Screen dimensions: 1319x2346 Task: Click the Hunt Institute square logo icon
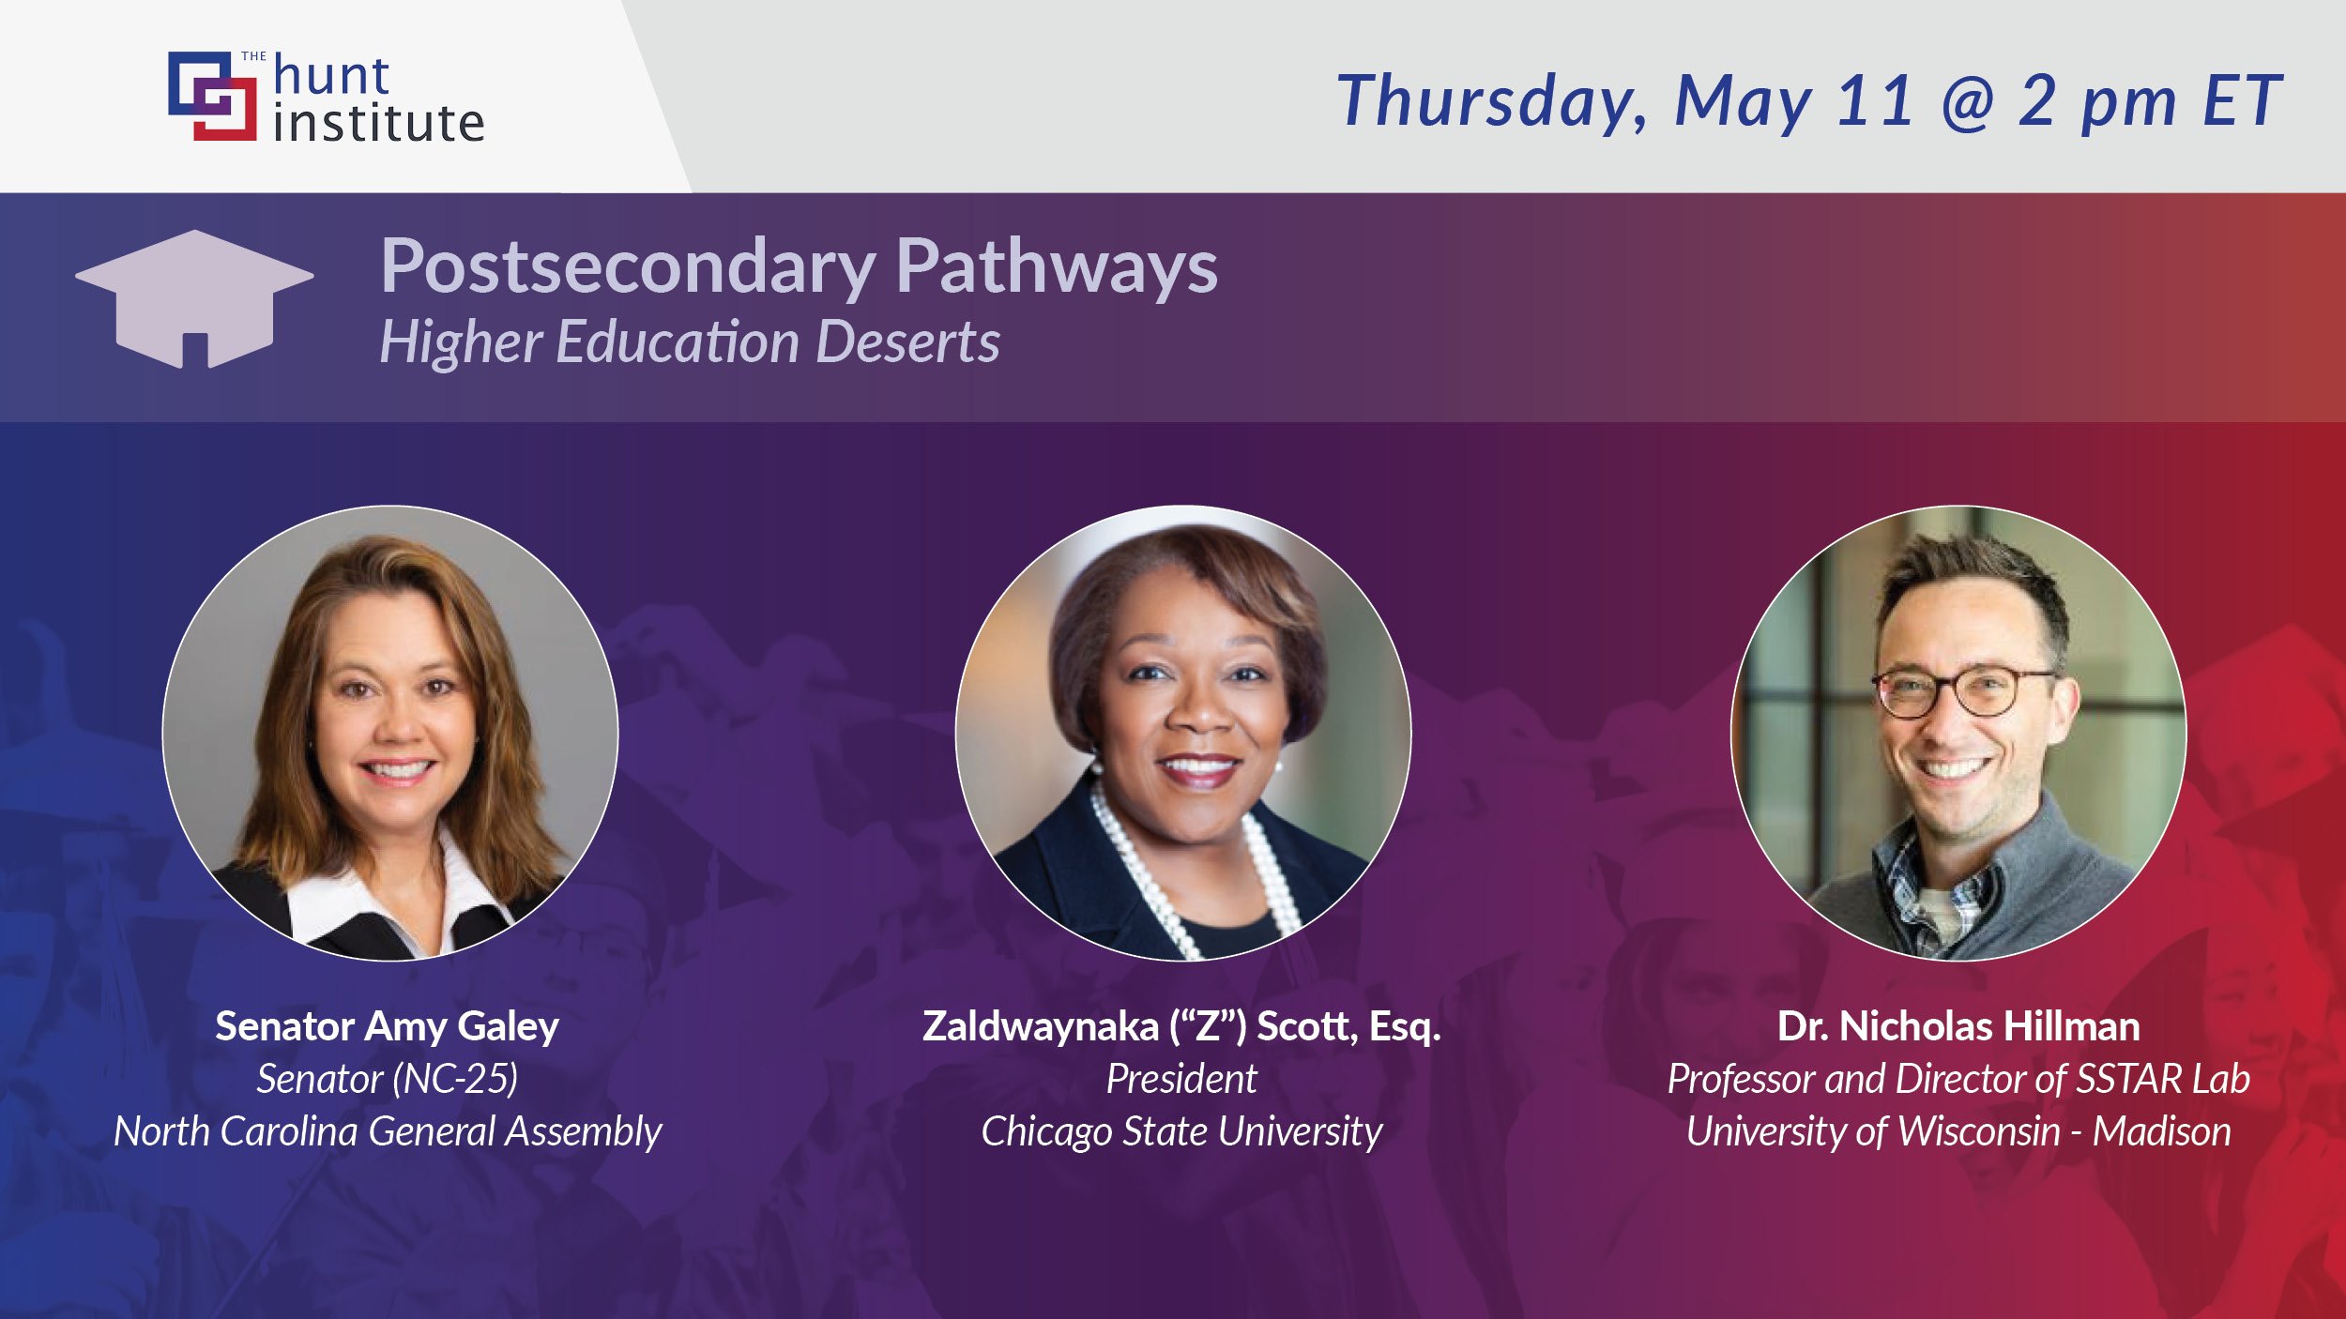click(212, 96)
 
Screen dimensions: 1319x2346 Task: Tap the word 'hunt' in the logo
click(331, 76)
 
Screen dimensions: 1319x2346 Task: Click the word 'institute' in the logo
click(379, 124)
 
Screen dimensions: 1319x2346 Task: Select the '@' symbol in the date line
click(1968, 101)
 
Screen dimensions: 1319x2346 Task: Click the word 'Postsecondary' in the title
click(628, 267)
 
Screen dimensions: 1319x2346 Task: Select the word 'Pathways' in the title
click(1056, 267)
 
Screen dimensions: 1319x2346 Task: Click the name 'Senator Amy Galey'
click(387, 1026)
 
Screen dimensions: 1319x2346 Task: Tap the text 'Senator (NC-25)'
click(387, 1079)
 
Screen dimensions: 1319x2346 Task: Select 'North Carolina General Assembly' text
click(387, 1131)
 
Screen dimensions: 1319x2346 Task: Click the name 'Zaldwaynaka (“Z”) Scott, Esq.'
click(1181, 1026)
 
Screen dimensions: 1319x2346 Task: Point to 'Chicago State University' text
click(1181, 1131)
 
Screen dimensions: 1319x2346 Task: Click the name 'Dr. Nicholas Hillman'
click(1958, 1026)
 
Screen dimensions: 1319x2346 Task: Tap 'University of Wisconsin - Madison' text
click(1958, 1131)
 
